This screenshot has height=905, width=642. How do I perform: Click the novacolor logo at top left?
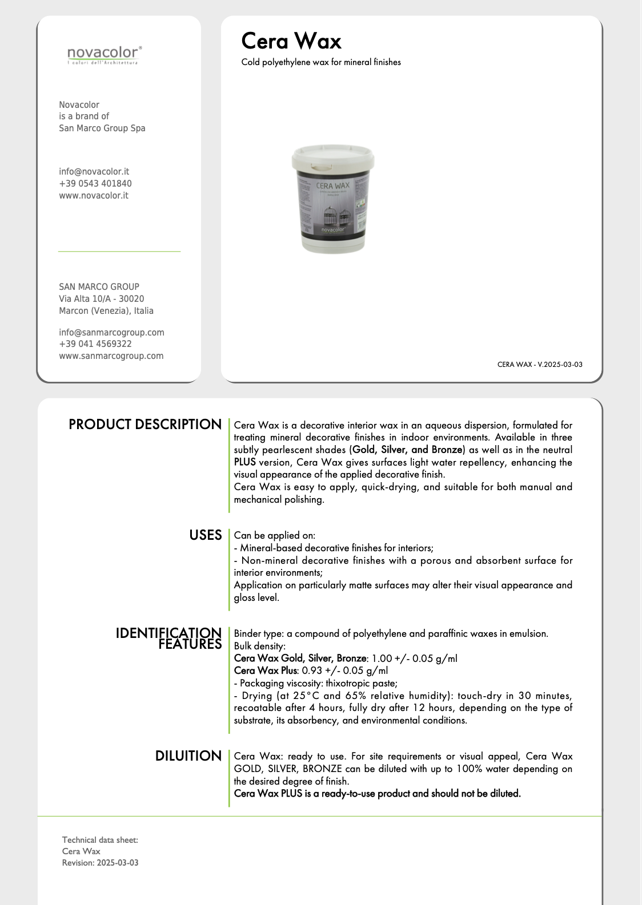(x=104, y=55)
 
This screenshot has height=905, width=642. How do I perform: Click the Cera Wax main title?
(x=291, y=41)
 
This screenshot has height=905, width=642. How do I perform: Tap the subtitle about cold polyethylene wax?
(x=321, y=62)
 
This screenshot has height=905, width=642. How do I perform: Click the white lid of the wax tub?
(x=333, y=156)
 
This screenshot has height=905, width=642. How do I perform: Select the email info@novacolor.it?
(x=94, y=172)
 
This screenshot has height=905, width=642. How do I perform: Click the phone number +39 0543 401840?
(x=95, y=184)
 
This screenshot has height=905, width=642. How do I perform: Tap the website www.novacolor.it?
(x=94, y=196)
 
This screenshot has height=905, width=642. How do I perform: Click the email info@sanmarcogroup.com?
(x=111, y=333)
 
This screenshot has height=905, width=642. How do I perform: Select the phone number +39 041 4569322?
(x=95, y=344)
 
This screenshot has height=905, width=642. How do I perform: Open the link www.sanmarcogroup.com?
(x=111, y=356)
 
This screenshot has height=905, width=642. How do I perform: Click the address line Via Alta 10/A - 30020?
(x=102, y=299)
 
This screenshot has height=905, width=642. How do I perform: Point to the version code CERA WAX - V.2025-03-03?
(x=540, y=365)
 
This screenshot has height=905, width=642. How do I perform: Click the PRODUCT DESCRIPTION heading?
(x=145, y=425)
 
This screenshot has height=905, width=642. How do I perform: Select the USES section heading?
(x=206, y=535)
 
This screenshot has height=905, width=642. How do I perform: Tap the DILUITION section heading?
(x=188, y=756)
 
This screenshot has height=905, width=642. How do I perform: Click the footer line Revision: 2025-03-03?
(x=101, y=863)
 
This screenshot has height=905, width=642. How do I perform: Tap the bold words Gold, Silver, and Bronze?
(x=407, y=450)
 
